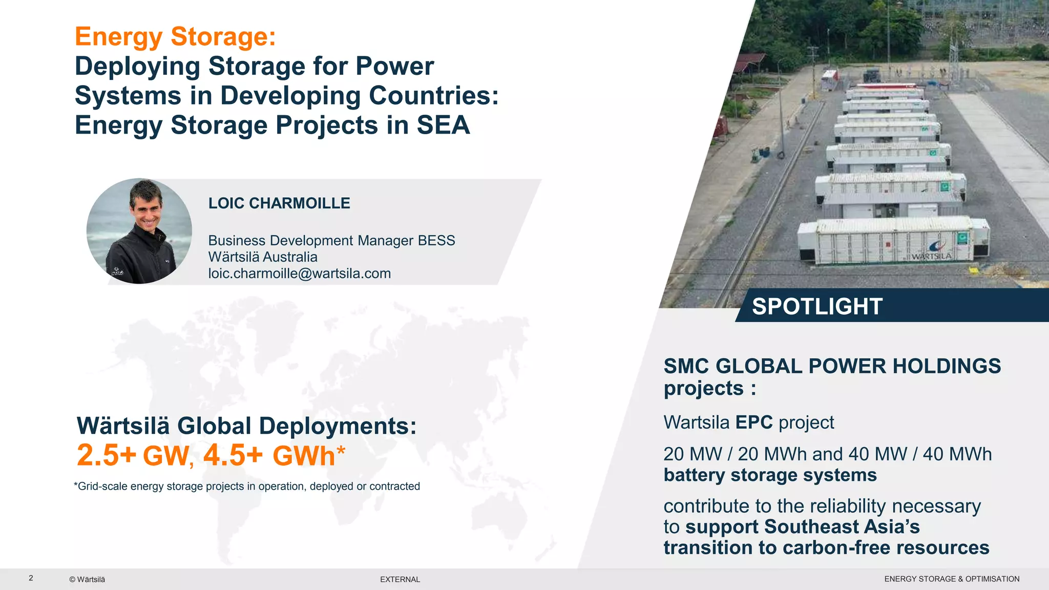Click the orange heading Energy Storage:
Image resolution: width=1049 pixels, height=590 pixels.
pos(175,37)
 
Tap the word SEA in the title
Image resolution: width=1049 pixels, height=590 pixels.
pos(443,125)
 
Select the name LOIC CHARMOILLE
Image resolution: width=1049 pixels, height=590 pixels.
pos(279,203)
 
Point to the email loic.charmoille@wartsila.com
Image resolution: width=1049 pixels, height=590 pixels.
pos(299,273)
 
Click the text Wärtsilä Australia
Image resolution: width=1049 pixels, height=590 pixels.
pos(262,257)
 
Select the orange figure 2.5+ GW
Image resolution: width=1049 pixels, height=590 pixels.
pos(133,455)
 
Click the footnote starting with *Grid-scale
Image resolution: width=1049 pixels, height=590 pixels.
pos(247,487)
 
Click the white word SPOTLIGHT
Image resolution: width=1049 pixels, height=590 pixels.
pos(817,306)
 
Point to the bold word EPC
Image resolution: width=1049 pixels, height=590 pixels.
pos(754,423)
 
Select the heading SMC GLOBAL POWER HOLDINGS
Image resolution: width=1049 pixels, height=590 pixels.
pos(832,366)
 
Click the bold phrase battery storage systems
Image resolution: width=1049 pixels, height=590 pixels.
pos(770,475)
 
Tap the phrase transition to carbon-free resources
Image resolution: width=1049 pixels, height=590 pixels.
pos(826,548)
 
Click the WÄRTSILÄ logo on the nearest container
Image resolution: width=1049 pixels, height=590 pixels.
pos(931,255)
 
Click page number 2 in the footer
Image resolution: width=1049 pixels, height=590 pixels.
pos(31,578)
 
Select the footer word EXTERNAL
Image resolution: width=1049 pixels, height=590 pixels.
pos(400,579)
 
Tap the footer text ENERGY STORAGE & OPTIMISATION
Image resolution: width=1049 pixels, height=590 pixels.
pos(951,579)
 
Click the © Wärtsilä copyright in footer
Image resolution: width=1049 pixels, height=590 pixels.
pos(87,579)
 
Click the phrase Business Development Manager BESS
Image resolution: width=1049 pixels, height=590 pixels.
pos(331,241)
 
